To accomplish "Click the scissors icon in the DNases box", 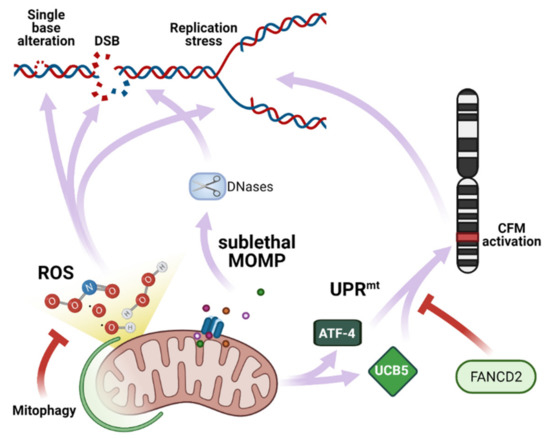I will coord(211,184).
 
